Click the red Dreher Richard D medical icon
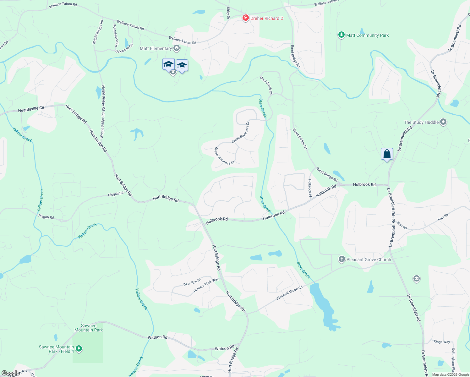pos(246,18)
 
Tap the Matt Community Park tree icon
pos(342,35)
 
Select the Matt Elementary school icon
pos(177,48)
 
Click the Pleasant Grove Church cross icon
pos(342,260)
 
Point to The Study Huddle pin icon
pos(443,122)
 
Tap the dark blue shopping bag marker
pos(387,154)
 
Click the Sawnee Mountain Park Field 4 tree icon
pos(79,349)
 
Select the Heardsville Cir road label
pos(31,109)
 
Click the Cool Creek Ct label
pos(266,85)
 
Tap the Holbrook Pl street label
pos(310,188)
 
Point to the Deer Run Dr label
pos(192,282)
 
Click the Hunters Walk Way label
pos(206,285)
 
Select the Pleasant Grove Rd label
pos(289,293)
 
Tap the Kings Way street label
pos(442,342)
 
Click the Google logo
pos(10,373)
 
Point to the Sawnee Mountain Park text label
pos(89,328)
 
